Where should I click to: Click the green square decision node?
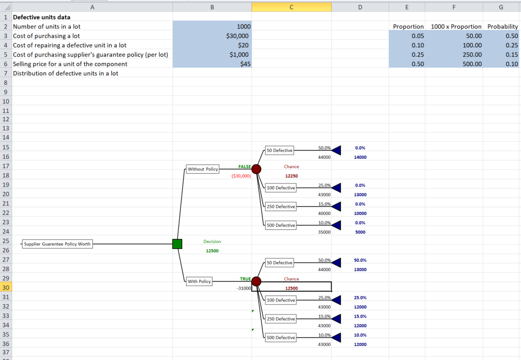[x=177, y=244]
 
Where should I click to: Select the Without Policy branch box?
[x=203, y=169]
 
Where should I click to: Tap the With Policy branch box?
[x=199, y=281]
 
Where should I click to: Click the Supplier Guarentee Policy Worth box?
[x=57, y=244]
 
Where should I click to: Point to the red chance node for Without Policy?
[x=256, y=169]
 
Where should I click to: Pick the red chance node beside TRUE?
[x=256, y=281]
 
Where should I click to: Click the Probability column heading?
[x=502, y=27]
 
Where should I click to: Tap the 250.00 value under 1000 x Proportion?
[x=472, y=54]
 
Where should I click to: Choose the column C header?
[x=291, y=7]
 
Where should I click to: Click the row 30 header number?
[x=6, y=287]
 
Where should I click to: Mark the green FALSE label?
[x=245, y=167]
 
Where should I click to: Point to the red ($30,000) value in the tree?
[x=241, y=176]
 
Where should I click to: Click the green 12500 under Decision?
[x=212, y=251]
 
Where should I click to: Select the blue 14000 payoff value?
[x=360, y=157]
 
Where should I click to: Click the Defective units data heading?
[x=42, y=17]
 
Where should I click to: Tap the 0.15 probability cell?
[x=512, y=54]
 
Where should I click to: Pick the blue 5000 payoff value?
[x=360, y=232]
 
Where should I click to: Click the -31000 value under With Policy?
[x=244, y=288]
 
